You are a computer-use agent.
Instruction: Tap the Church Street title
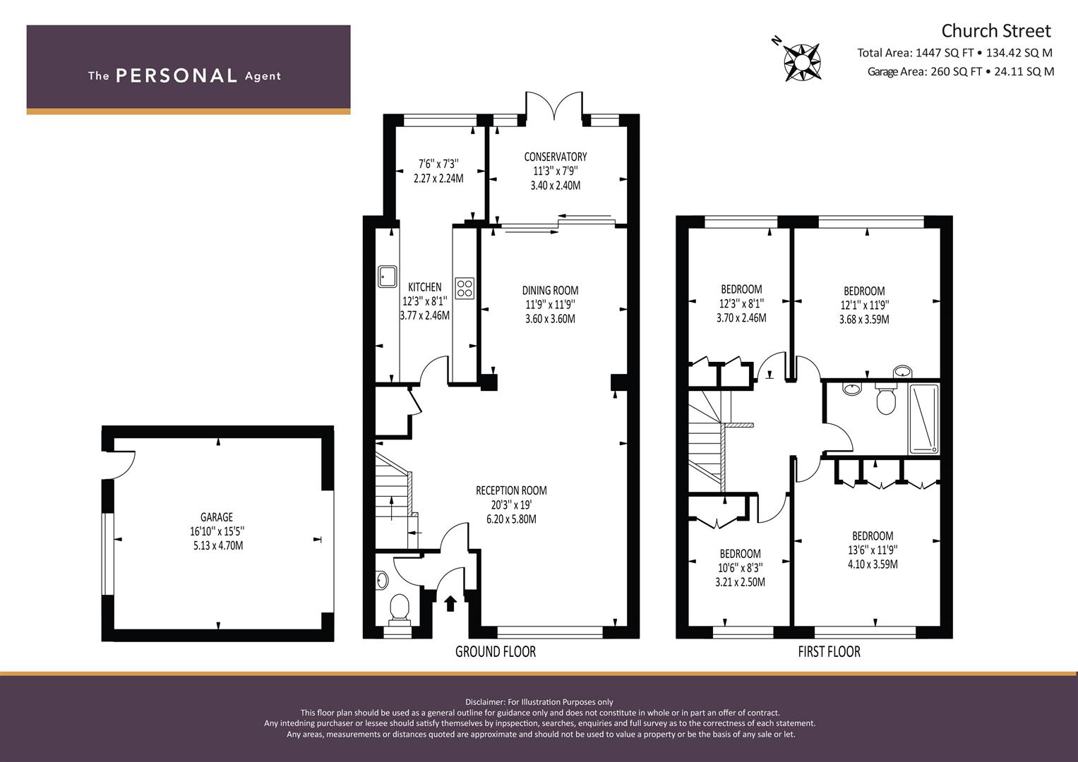point(995,31)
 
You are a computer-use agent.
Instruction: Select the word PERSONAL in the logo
point(176,75)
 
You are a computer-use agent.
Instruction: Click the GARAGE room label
point(217,517)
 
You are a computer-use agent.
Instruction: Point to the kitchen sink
point(388,277)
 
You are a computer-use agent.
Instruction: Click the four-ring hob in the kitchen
point(465,288)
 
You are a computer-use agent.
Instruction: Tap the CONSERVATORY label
point(556,157)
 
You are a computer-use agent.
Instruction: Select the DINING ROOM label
point(550,291)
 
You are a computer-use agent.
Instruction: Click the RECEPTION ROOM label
point(511,490)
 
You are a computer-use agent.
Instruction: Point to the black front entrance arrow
point(450,603)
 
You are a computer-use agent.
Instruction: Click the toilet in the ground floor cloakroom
point(399,610)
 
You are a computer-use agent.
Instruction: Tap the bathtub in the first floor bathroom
point(923,419)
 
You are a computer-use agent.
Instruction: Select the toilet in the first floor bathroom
point(885,399)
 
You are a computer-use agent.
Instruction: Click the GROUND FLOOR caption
point(495,652)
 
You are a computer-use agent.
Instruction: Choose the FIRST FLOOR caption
point(830,652)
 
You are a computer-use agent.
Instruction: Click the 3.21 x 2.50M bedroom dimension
point(740,582)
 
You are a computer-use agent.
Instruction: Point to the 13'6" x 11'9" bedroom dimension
point(873,550)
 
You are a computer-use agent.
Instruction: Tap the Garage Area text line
point(961,72)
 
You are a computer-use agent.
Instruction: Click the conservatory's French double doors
point(554,107)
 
